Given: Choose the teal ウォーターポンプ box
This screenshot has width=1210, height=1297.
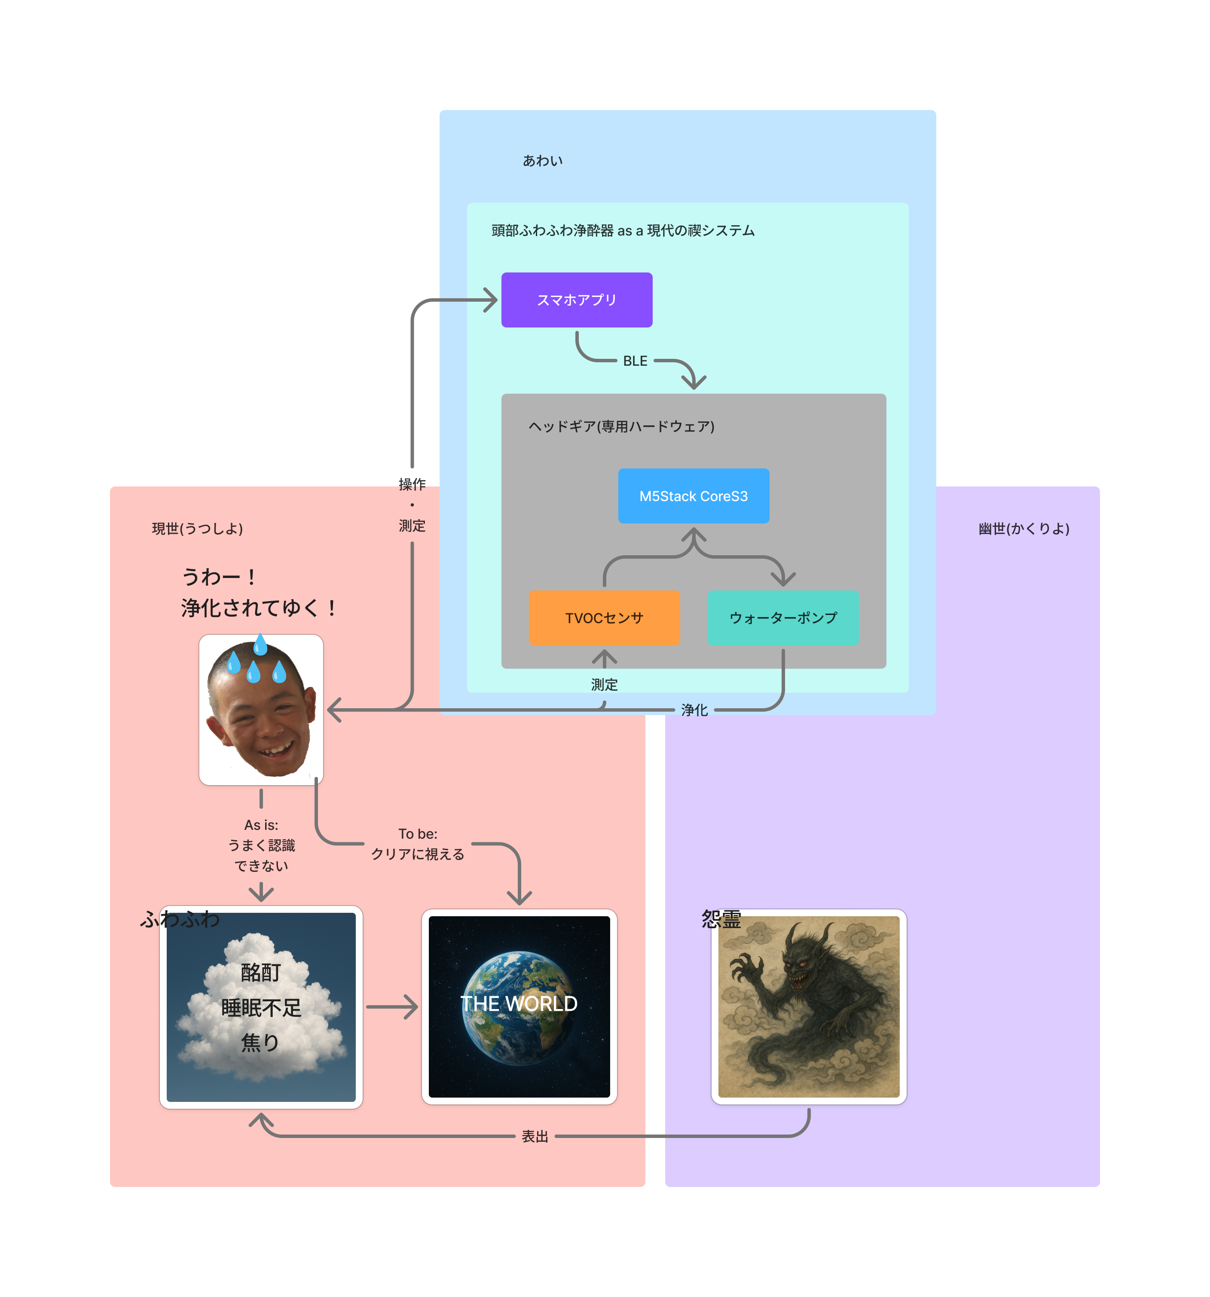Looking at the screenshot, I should click(783, 618).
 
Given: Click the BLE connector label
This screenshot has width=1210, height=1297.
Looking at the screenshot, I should click(635, 361).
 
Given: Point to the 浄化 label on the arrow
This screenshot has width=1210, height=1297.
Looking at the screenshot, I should click(694, 710).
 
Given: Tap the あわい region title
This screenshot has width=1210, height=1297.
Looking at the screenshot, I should click(542, 160).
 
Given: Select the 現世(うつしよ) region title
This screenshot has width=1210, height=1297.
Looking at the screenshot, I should click(197, 529).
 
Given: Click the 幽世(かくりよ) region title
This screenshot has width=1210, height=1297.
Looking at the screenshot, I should click(1024, 529).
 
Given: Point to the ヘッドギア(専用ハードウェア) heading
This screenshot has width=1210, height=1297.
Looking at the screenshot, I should click(621, 426).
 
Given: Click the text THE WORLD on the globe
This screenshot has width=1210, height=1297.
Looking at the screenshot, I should click(519, 1003).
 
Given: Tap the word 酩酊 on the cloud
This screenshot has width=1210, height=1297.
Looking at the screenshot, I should click(260, 972).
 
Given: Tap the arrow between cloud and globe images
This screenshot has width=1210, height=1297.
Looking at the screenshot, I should click(391, 1006).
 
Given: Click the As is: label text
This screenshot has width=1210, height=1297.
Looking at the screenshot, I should click(261, 825).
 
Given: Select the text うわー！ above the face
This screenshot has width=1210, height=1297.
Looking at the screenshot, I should click(219, 577).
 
